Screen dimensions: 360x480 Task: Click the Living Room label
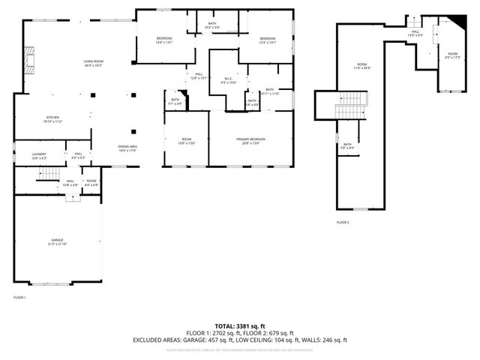click(93, 63)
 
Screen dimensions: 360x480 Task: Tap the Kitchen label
click(52, 119)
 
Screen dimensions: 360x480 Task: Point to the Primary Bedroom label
click(251, 140)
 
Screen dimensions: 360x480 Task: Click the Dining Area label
click(127, 148)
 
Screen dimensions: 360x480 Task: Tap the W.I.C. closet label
click(229, 80)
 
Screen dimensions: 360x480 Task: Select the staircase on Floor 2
click(348, 105)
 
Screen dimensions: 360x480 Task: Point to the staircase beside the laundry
click(48, 174)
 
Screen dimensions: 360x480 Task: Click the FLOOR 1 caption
click(19, 298)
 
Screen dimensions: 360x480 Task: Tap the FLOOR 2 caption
click(343, 223)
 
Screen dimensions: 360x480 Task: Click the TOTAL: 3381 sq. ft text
click(239, 326)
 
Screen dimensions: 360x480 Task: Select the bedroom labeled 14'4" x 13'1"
click(163, 40)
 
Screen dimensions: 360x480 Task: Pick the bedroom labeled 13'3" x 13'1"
click(268, 40)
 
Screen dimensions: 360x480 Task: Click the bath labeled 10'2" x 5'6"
click(213, 26)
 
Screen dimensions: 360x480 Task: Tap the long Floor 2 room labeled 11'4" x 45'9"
click(361, 67)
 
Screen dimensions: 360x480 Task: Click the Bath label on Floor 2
click(347, 146)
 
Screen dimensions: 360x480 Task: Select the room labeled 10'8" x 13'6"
click(186, 140)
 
